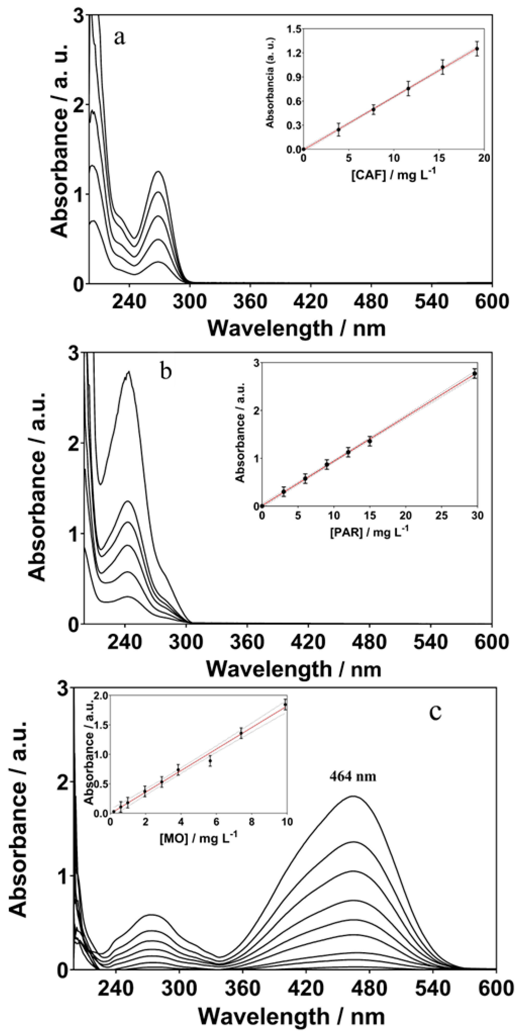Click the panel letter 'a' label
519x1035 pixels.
coord(120,38)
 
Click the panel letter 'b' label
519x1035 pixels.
coord(165,371)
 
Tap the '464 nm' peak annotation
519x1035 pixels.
coord(353,776)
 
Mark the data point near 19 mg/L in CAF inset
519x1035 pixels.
coord(477,49)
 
